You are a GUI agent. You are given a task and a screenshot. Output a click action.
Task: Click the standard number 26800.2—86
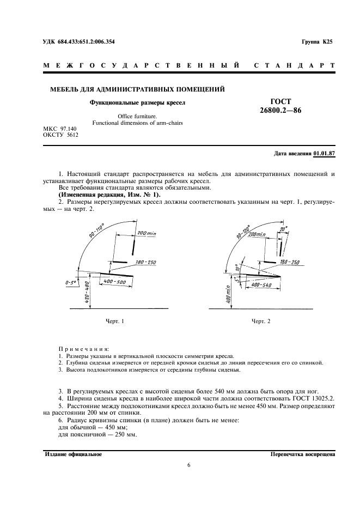[x=281, y=111]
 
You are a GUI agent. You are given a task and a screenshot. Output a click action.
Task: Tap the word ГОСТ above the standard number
[x=281, y=101]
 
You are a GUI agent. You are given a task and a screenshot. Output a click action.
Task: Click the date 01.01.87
[x=325, y=154]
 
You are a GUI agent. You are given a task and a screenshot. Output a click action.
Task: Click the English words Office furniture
[x=137, y=116]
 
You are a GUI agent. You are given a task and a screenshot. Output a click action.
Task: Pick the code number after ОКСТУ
[x=72, y=135]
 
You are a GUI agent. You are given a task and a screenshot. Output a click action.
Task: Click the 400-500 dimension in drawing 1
[x=115, y=282]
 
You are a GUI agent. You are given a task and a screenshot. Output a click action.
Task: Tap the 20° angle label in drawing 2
[x=283, y=229]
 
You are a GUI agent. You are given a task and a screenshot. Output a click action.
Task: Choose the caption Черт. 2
[x=261, y=321]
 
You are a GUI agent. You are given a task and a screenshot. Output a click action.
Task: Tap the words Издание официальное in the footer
[x=73, y=454]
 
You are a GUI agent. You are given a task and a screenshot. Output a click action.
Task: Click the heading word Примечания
[x=83, y=348]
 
